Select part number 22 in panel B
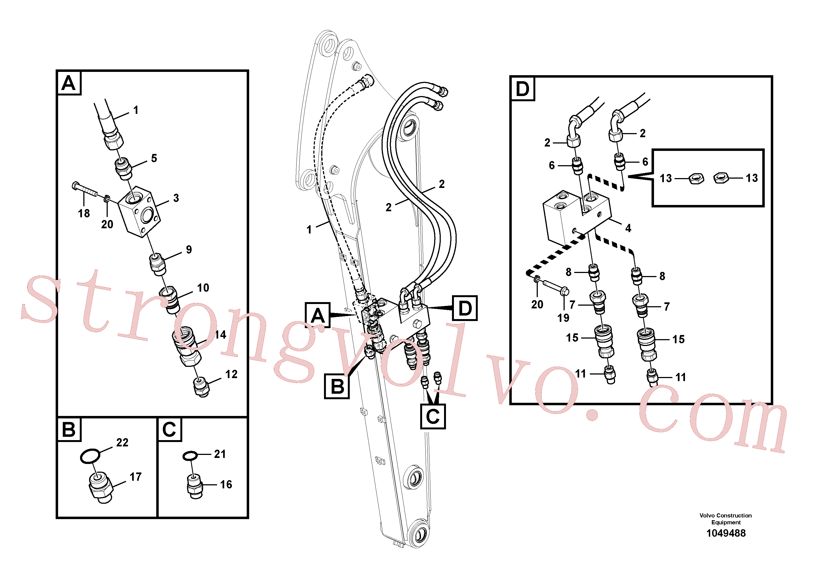[x=122, y=442]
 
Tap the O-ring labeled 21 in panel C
[x=190, y=456]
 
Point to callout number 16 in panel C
[x=226, y=484]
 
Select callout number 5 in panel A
[x=154, y=158]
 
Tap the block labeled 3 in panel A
[x=139, y=211]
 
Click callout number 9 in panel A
[x=189, y=249]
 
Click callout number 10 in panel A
[x=203, y=288]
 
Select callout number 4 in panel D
[x=628, y=228]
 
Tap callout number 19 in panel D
[x=563, y=318]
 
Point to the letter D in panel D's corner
[x=522, y=89]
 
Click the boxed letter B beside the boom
[x=337, y=386]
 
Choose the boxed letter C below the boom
[x=433, y=416]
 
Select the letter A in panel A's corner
[x=69, y=83]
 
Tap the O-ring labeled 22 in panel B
[x=90, y=456]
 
